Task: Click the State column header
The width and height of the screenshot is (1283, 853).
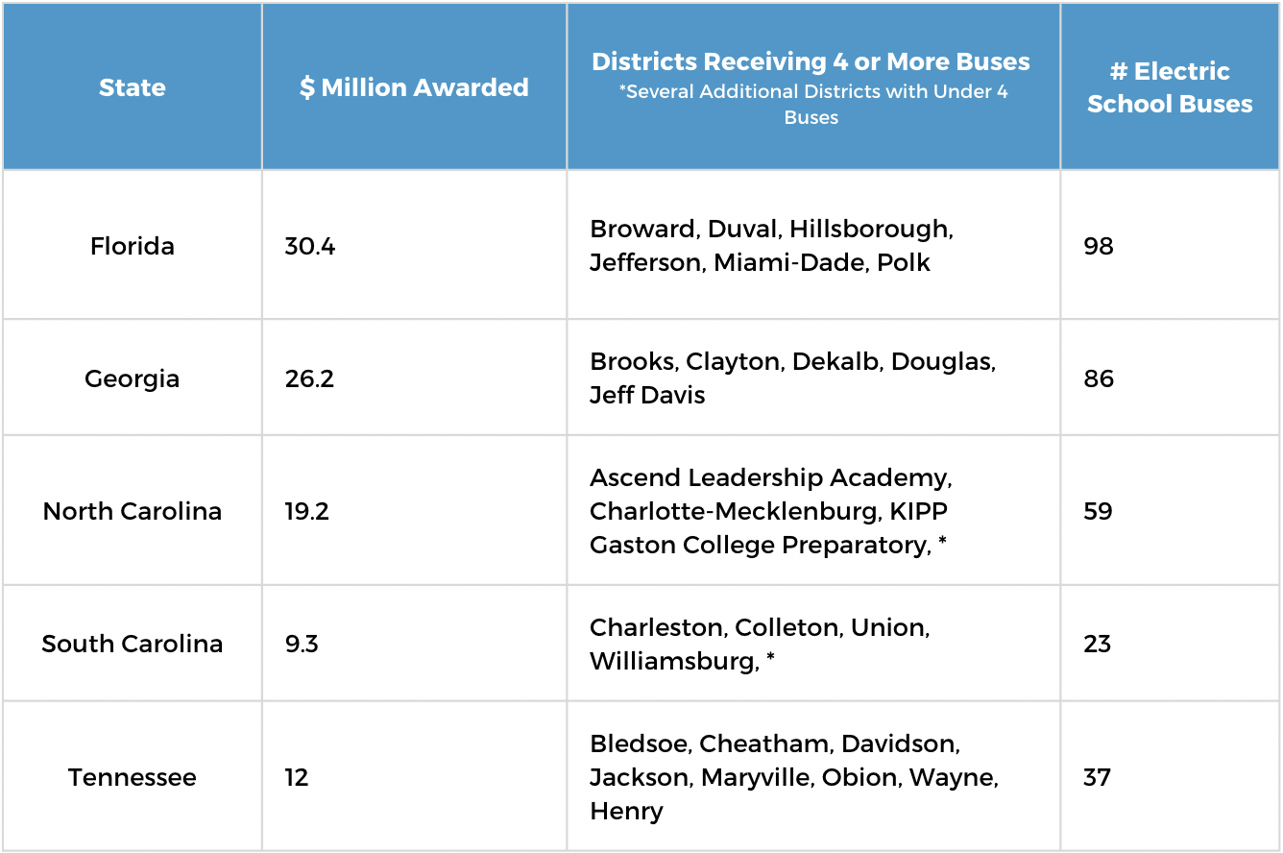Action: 133,87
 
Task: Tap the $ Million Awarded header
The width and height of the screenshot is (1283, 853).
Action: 414,87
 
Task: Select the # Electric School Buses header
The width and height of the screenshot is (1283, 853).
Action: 1170,87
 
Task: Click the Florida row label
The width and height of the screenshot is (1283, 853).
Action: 133,246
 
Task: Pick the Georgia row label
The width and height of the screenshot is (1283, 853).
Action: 133,378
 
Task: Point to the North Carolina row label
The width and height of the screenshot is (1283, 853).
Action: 133,511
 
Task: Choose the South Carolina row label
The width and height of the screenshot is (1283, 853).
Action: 133,644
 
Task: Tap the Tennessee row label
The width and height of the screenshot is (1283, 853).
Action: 133,777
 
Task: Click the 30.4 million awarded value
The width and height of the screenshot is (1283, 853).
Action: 309,246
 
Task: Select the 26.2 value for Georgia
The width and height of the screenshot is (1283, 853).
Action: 309,378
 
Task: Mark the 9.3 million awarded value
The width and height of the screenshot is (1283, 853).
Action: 302,644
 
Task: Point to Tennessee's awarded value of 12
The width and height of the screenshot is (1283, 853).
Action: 297,777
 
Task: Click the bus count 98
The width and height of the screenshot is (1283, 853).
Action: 1099,246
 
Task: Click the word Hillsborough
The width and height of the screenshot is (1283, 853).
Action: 871,230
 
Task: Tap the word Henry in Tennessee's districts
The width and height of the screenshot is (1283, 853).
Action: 626,812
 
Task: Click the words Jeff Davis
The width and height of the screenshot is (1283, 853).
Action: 647,396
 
